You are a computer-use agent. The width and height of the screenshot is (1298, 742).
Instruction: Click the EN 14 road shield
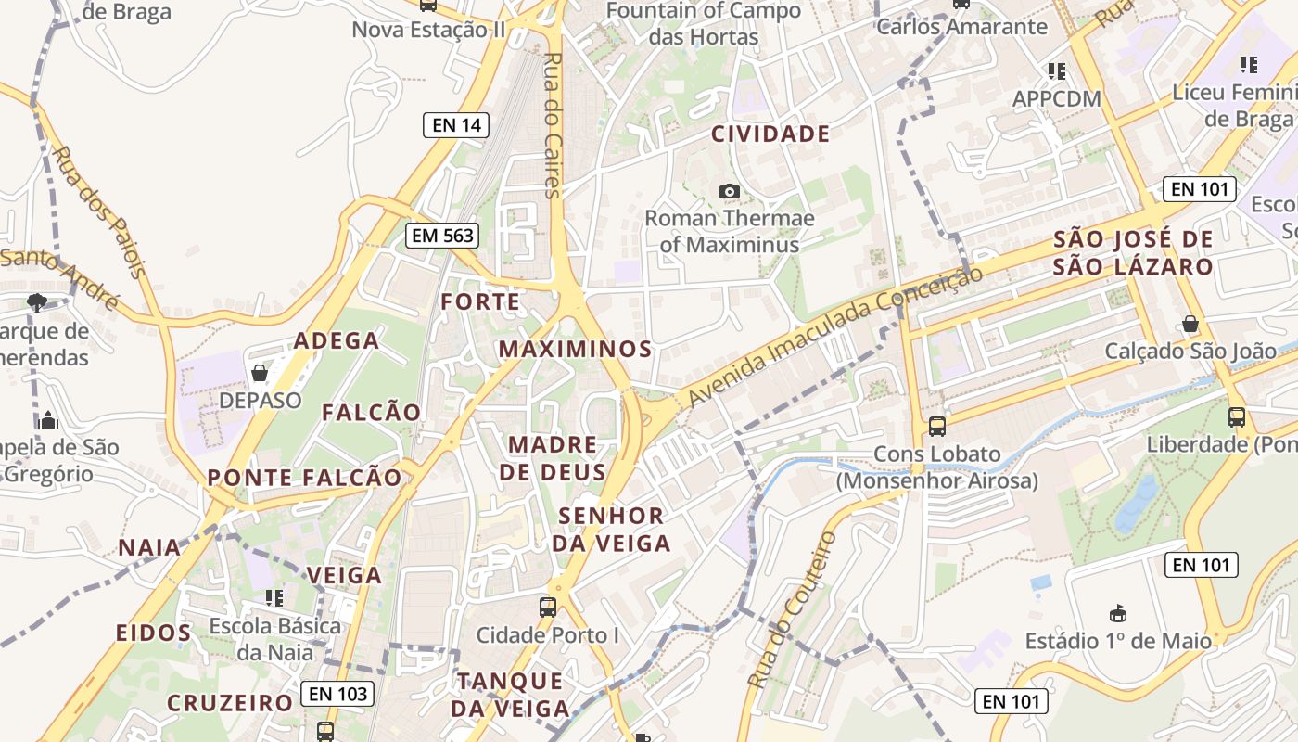coord(456,125)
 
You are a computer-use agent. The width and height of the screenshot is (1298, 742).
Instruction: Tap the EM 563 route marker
coord(443,236)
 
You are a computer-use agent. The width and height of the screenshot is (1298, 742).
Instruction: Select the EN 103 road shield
coord(338,693)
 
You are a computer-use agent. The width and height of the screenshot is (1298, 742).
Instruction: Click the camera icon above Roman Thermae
coord(730,191)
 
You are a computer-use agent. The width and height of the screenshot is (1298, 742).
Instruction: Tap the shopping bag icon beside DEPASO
coord(260,373)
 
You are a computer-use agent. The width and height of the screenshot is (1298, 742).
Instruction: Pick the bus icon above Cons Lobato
coord(937,427)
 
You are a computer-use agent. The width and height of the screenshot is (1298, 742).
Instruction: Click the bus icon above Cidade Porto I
coord(548,608)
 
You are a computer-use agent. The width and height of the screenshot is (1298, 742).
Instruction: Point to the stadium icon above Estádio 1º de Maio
coord(1118,613)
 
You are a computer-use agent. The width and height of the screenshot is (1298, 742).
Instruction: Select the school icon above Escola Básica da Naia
coord(274,598)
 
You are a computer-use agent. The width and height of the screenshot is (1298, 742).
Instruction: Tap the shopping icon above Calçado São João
coord(1190,324)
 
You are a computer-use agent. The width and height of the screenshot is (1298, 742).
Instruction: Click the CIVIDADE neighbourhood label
coord(770,134)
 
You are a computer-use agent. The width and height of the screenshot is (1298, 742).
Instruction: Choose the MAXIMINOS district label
coord(576,350)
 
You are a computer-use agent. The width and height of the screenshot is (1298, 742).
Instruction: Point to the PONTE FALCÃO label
coord(305,479)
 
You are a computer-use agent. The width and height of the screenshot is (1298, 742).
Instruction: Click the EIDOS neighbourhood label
coord(154,633)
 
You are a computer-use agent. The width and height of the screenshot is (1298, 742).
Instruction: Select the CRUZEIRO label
coord(230,703)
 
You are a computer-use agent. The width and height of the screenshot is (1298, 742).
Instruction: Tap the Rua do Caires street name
coord(553,125)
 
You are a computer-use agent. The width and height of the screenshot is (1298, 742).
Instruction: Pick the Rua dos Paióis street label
coord(99,211)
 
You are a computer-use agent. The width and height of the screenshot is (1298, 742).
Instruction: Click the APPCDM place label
coord(1057,99)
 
